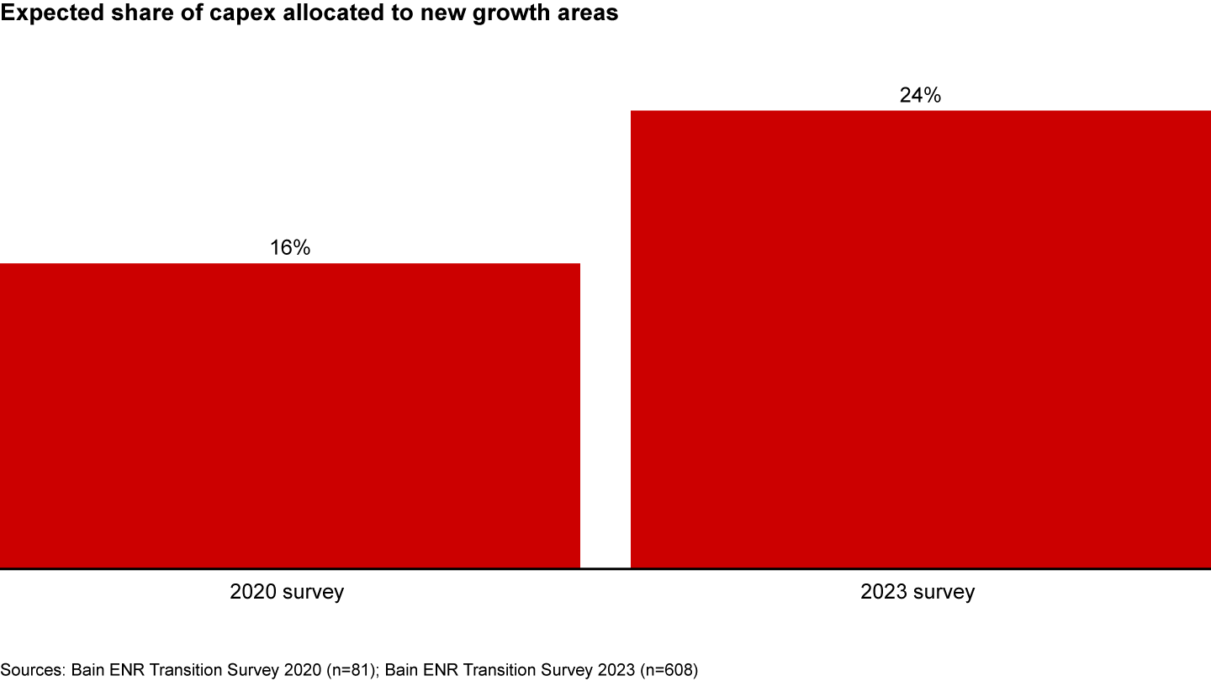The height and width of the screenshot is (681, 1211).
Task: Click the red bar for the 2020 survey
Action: (290, 416)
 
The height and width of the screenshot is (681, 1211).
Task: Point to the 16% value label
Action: (290, 248)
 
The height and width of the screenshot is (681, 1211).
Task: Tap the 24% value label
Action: (920, 95)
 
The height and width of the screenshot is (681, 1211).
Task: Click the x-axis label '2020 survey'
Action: (287, 592)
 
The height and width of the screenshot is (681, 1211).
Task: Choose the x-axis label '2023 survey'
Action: (918, 592)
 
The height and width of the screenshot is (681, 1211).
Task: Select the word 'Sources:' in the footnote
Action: (33, 670)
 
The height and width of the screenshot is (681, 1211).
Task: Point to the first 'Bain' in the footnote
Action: (87, 670)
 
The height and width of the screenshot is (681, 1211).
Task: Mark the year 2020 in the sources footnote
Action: (305, 670)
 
